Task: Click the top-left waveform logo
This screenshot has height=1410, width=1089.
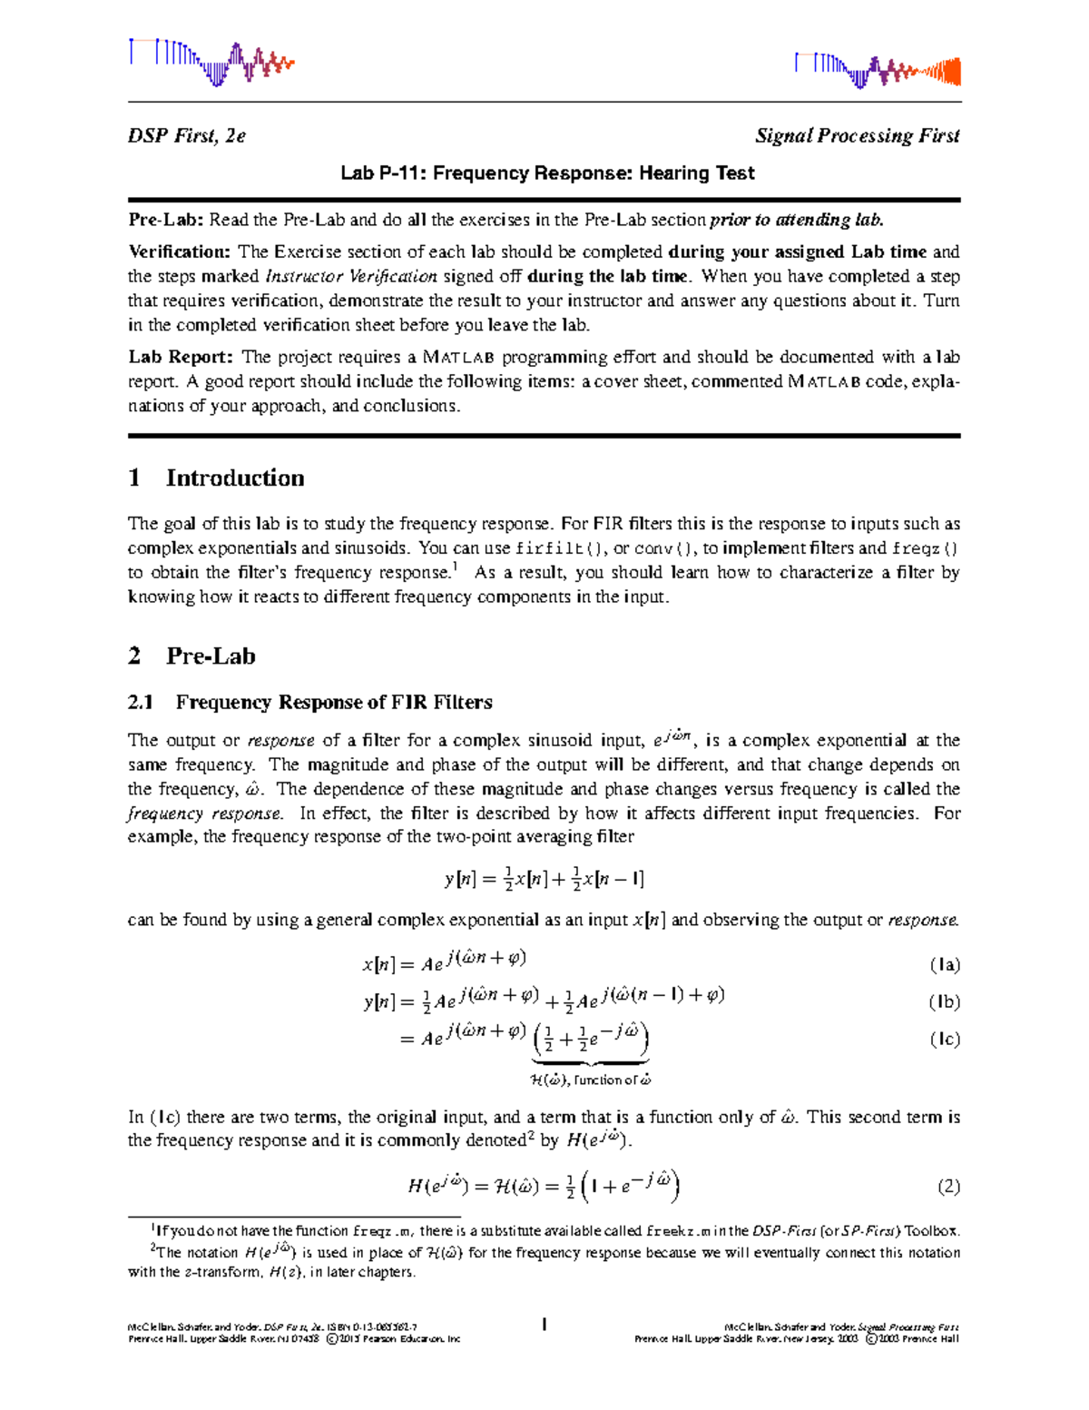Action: click(211, 62)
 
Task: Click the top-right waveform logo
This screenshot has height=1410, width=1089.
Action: click(877, 70)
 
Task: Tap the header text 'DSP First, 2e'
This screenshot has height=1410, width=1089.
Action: click(186, 136)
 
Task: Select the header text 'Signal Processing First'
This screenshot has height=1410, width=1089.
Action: click(857, 136)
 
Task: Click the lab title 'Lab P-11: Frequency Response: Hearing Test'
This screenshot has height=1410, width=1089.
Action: click(547, 173)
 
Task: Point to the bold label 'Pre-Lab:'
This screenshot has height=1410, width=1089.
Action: click(166, 220)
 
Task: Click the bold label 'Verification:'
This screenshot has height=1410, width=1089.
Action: click(180, 251)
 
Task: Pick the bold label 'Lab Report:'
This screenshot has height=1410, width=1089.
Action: click(181, 357)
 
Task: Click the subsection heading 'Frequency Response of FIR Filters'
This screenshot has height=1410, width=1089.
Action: click(333, 702)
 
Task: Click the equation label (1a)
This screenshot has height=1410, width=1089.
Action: click(944, 965)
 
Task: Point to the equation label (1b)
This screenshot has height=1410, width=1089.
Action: click(944, 1002)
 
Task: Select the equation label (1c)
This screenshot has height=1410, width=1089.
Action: click(944, 1040)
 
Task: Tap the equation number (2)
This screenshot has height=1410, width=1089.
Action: click(948, 1187)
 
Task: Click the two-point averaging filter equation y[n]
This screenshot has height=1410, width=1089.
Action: click(544, 879)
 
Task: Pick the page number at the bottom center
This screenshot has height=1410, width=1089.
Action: click(544, 1326)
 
